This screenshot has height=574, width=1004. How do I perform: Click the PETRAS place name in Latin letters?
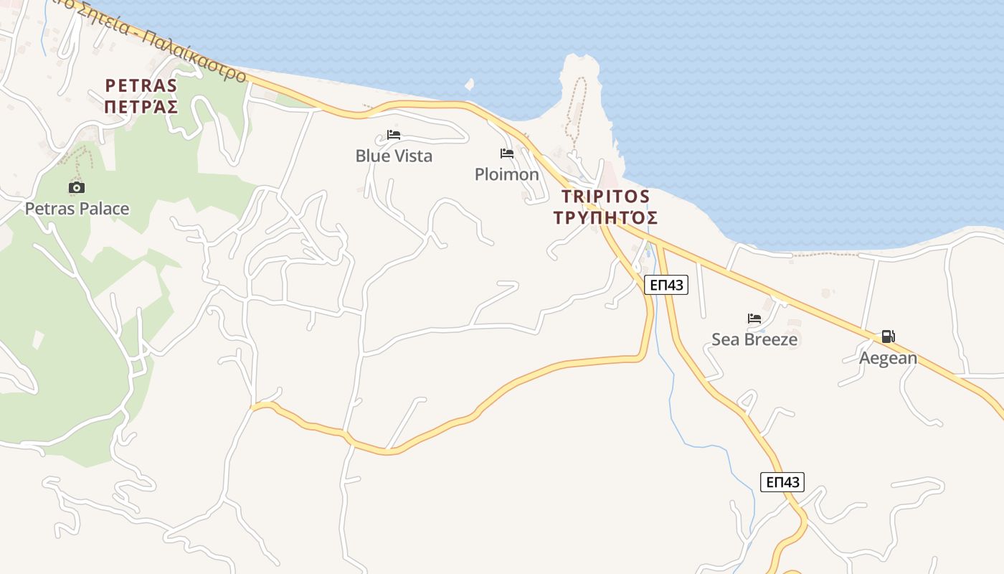tap(141, 85)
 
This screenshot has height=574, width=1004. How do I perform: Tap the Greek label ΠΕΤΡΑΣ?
tap(141, 107)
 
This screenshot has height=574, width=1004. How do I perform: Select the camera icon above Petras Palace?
tap(77, 187)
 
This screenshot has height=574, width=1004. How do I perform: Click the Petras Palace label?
tap(77, 209)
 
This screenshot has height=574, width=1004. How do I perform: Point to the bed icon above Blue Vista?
tap(393, 135)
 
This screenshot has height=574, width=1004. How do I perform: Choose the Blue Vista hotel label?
tap(394, 156)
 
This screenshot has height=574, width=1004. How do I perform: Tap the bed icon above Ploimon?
tap(507, 154)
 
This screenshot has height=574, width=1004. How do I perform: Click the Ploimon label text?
tap(507, 174)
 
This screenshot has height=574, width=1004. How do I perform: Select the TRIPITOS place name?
tap(606, 196)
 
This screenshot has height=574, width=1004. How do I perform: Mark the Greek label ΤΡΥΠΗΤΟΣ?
tap(606, 217)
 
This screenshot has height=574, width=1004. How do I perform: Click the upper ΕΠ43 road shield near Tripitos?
tap(666, 285)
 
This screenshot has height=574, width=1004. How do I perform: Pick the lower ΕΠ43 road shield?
tap(782, 481)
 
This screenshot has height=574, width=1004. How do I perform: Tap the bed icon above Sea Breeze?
tap(754, 319)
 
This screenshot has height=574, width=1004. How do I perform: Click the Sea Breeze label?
tap(754, 339)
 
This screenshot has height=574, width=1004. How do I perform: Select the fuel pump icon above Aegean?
tap(888, 337)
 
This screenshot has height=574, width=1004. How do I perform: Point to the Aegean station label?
tap(888, 357)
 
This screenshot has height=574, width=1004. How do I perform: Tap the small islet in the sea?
tap(470, 85)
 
